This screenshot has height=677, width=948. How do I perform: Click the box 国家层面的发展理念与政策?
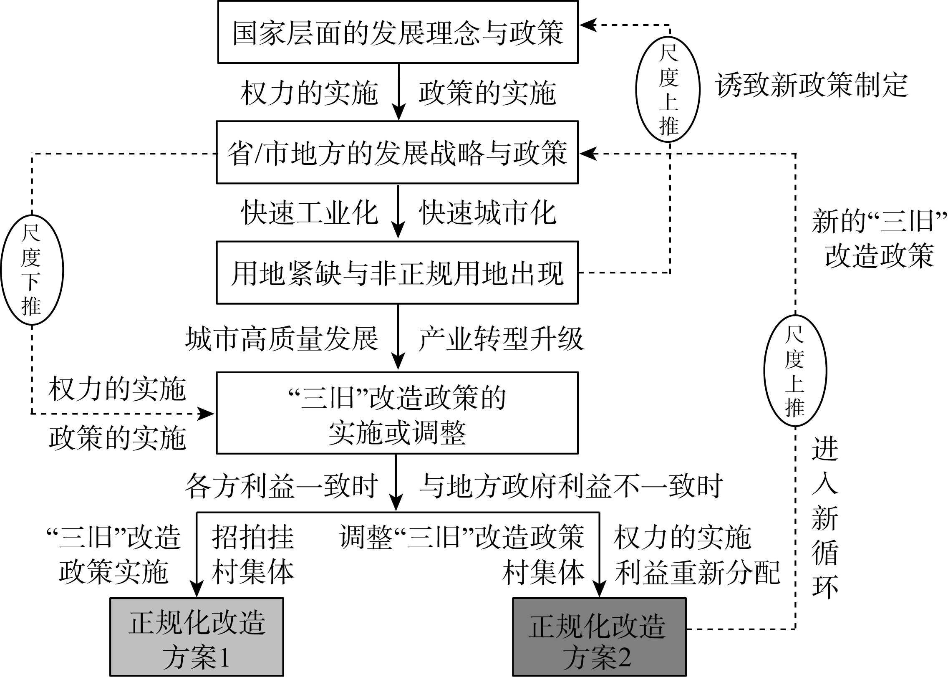click(398, 32)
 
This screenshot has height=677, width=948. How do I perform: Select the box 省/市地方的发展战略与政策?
click(397, 152)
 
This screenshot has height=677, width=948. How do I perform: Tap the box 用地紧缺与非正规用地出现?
click(397, 273)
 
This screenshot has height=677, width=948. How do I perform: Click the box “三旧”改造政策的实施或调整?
click(397, 413)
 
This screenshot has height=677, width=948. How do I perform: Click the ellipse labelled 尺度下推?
click(32, 270)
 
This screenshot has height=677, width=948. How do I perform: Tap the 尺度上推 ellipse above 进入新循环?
click(795, 371)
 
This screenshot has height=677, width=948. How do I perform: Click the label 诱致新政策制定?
click(812, 86)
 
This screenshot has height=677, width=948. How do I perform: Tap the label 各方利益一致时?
click(282, 486)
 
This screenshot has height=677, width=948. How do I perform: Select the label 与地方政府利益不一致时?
click(571, 486)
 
